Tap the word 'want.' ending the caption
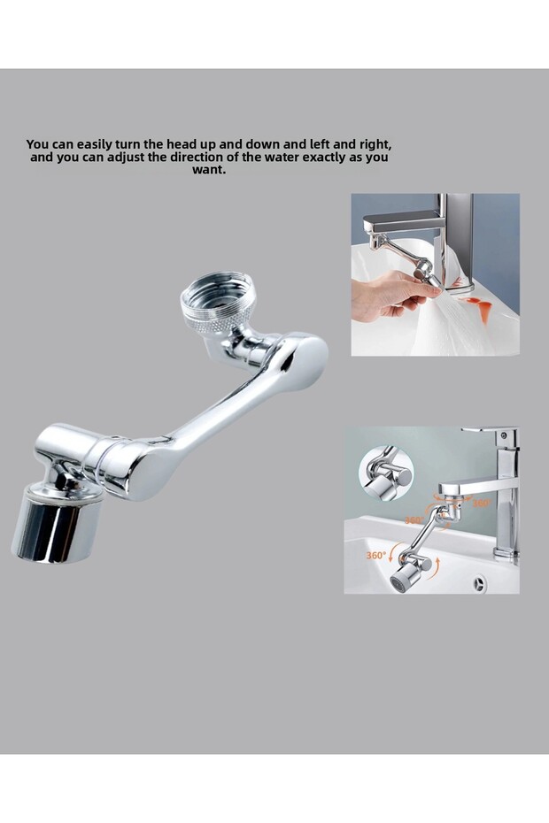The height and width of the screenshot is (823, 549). [209, 170]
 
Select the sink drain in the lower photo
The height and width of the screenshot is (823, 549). [479, 584]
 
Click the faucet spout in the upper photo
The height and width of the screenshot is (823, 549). [403, 223]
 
